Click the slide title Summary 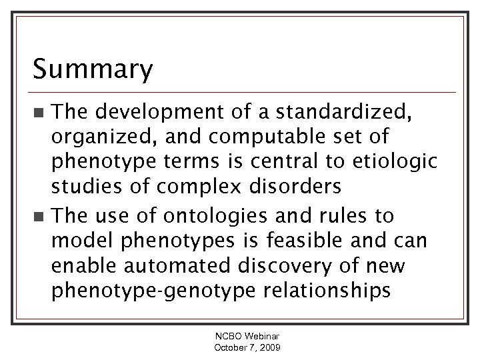pos(93,68)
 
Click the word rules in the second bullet pos(352,216)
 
